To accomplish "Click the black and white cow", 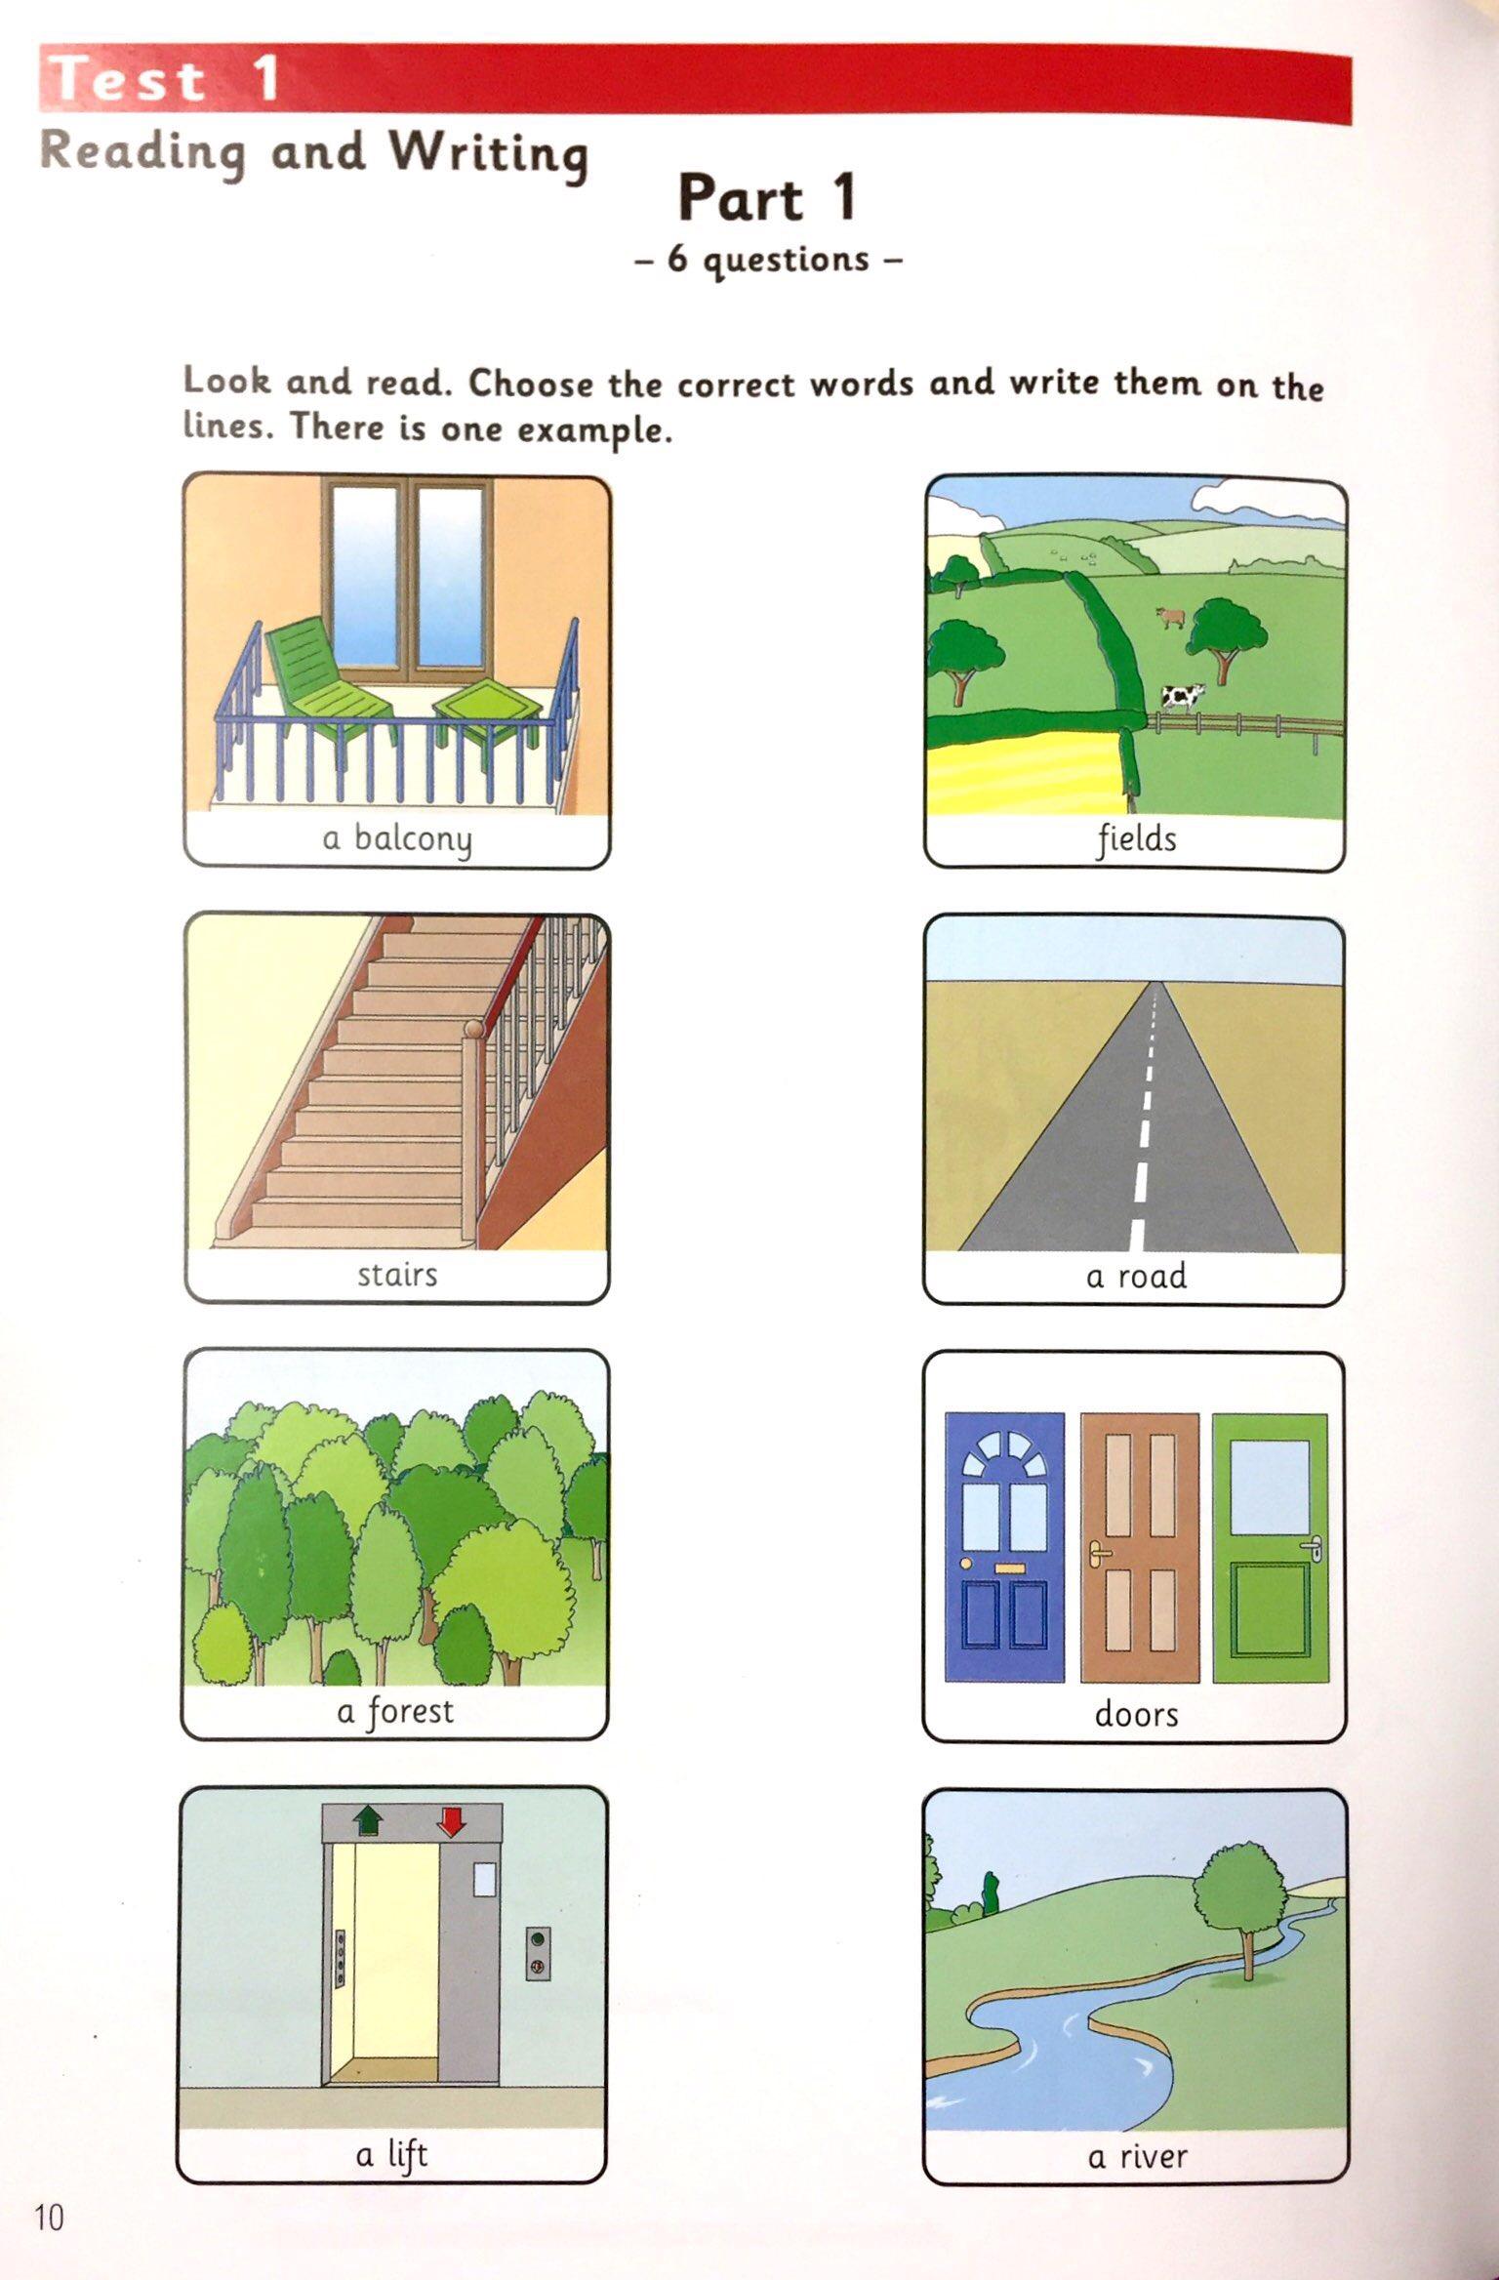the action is (x=1182, y=696).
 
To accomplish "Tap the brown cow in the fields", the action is (x=1170, y=617).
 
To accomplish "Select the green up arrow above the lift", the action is (x=368, y=1819).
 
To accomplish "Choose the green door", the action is (x=1270, y=1548).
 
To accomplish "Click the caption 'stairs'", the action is (x=396, y=1275).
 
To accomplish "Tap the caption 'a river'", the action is (x=1137, y=2156).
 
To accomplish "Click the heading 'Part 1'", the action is (x=768, y=198).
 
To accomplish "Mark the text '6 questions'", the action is (x=768, y=261).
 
